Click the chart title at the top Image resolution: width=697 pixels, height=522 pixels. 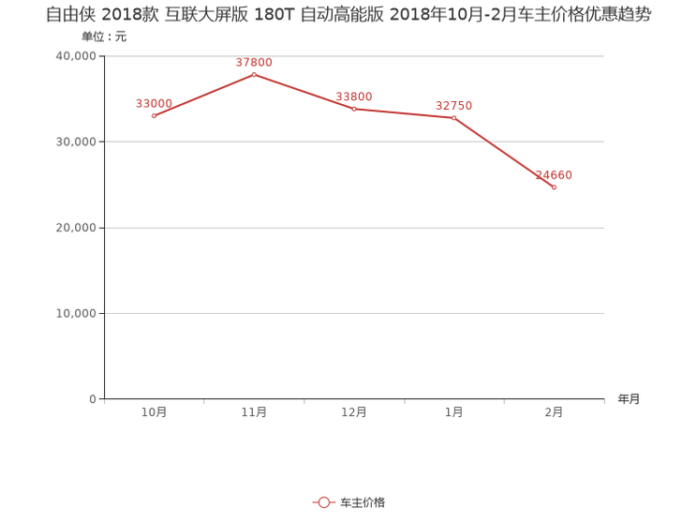[348, 15]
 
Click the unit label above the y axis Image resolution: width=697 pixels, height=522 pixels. [103, 37]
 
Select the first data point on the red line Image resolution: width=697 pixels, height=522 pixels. [154, 115]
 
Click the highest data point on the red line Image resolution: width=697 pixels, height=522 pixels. [254, 73]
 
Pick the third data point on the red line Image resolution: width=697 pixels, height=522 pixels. [354, 109]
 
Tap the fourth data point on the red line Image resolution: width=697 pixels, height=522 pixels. [454, 117]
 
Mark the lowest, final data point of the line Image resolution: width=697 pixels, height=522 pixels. [555, 187]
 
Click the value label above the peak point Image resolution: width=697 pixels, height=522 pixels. [254, 63]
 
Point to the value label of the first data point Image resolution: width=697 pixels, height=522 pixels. [154, 102]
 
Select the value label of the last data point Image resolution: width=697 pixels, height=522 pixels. [554, 174]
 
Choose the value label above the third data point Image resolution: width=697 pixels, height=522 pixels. [354, 96]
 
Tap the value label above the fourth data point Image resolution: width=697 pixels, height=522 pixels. [454, 105]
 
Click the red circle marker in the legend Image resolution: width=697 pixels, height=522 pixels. [323, 503]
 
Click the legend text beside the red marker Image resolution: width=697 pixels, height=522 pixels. [362, 503]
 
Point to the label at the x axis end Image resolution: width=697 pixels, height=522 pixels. [628, 399]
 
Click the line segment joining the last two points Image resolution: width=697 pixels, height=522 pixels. [506, 154]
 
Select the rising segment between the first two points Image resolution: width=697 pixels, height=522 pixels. [203, 95]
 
